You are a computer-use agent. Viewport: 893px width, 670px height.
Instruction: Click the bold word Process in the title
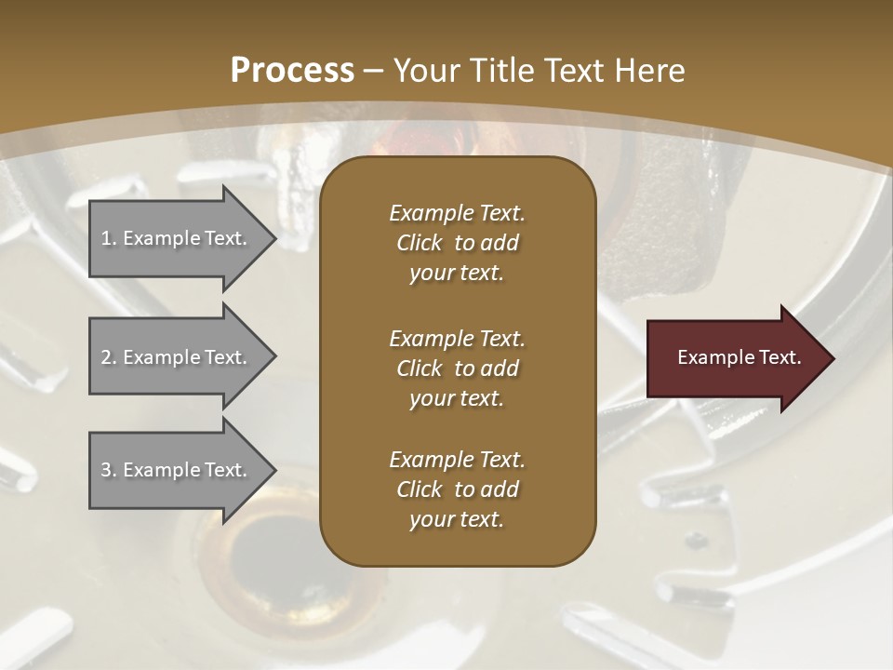tap(292, 71)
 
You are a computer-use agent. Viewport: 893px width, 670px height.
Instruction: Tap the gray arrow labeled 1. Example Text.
tap(177, 238)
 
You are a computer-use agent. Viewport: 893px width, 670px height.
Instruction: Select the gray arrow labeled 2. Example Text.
tap(177, 357)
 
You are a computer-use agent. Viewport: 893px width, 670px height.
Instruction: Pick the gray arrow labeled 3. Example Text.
tap(177, 470)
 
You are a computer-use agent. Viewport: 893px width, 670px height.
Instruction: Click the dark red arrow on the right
tap(735, 358)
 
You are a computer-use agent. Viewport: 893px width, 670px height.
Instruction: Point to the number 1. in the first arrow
tap(109, 238)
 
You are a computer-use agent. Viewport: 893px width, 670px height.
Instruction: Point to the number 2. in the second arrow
tap(109, 357)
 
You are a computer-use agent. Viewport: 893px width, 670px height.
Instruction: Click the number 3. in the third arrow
tap(109, 470)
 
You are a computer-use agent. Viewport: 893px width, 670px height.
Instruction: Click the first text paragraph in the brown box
tap(457, 243)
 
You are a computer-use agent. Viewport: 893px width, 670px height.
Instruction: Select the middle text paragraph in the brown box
tap(457, 368)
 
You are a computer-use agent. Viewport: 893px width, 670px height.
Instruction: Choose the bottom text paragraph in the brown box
tap(457, 489)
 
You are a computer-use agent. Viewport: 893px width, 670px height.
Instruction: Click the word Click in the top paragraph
tap(420, 243)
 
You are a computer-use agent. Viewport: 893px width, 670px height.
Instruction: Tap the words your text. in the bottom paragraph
tap(457, 520)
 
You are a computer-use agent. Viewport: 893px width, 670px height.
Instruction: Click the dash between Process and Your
tap(374, 72)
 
